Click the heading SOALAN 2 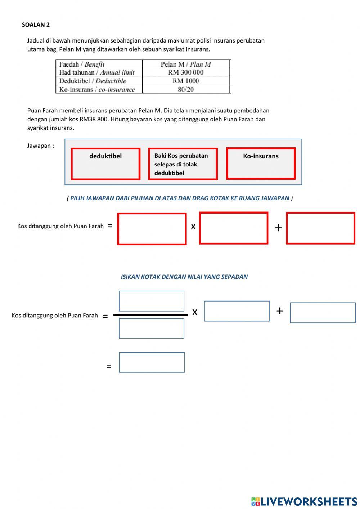tap(36, 25)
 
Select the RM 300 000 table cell tap(186, 72)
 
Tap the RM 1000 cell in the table tap(186, 81)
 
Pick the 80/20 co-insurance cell tap(186, 89)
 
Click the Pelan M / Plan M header tap(186, 64)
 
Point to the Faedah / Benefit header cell tap(82, 64)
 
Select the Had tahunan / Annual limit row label tap(97, 72)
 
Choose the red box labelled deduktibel tap(105, 164)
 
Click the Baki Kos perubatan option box tap(183, 164)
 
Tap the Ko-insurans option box tap(261, 164)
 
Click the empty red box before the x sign tap(152, 229)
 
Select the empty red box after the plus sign tap(320, 228)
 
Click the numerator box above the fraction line tap(152, 301)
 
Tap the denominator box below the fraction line tap(152, 329)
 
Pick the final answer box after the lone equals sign tap(152, 362)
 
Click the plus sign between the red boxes tap(278, 228)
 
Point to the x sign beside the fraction tap(195, 312)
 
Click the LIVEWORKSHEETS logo tap(304, 501)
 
